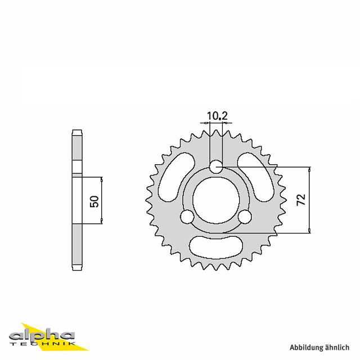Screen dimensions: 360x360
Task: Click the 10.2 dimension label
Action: click(217, 116)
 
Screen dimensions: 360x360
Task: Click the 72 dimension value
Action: click(301, 200)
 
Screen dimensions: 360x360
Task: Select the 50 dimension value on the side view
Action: click(94, 201)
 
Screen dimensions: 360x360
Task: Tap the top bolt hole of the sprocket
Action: click(216, 166)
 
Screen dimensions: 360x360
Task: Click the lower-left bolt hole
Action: click(187, 216)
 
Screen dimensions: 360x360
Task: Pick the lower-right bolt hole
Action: click(245, 216)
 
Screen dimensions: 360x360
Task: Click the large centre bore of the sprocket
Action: click(216, 200)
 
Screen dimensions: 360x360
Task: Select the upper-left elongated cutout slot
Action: click(176, 177)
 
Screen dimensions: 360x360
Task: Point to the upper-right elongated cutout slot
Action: click(256, 177)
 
